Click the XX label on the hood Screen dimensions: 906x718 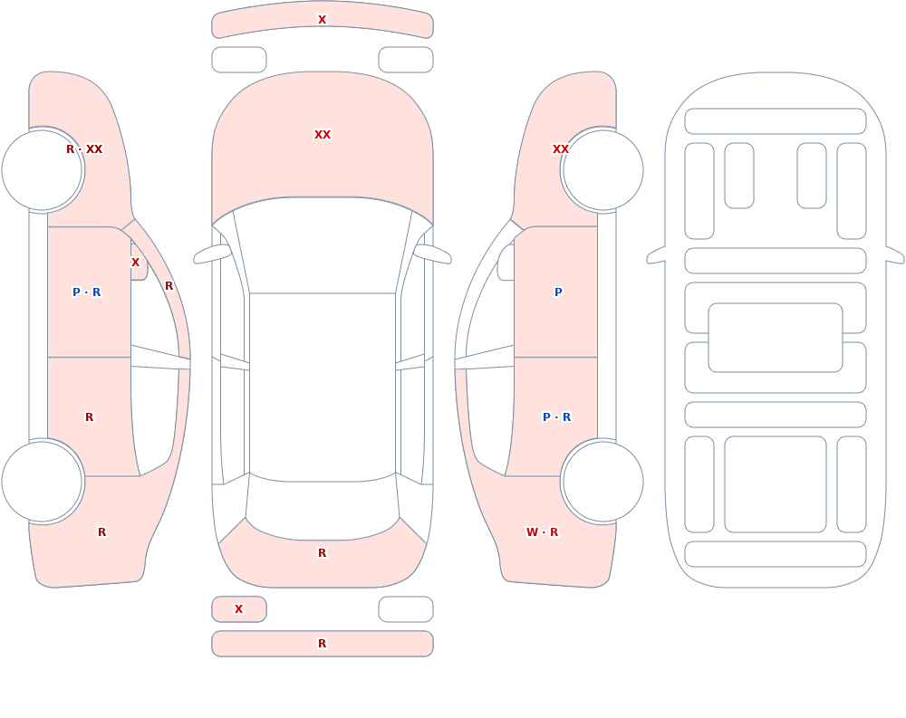(323, 135)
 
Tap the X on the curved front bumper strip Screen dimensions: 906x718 (323, 20)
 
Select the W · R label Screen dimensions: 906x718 (542, 532)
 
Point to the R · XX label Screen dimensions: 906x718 (84, 149)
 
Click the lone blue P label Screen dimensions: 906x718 (558, 292)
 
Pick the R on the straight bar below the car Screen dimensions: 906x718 (323, 644)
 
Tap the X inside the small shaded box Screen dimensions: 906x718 (238, 608)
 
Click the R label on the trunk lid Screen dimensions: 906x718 (323, 553)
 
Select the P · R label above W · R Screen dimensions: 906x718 (557, 417)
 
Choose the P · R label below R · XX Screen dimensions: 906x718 (87, 292)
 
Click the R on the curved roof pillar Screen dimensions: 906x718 (169, 286)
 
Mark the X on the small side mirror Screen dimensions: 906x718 (135, 263)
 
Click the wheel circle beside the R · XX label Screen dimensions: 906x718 (43, 170)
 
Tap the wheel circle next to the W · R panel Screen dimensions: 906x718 (603, 481)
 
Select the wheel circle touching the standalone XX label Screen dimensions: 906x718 (603, 170)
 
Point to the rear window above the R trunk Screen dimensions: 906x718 (323, 508)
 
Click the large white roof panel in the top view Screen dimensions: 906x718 (323, 387)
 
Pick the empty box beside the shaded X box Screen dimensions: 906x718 (406, 609)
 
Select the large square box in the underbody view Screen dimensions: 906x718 (776, 484)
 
